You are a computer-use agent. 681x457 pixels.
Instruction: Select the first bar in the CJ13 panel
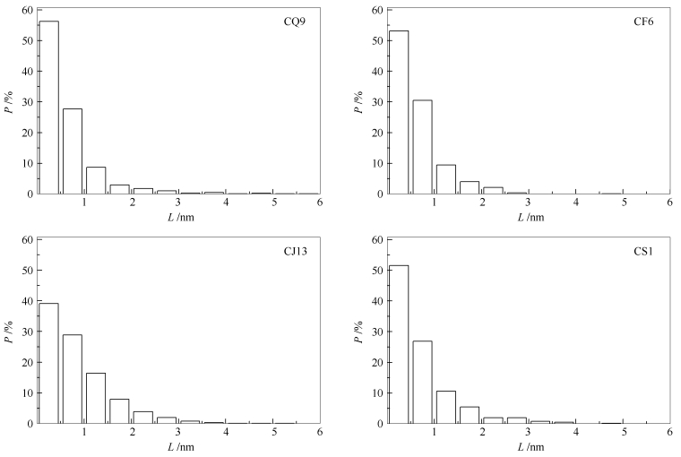point(48,363)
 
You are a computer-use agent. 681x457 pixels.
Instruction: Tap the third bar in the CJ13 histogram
point(95,398)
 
